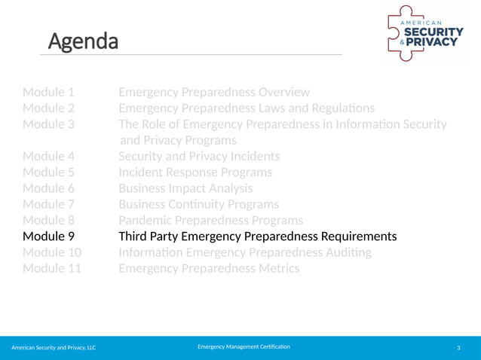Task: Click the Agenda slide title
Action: (84, 41)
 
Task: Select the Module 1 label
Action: (48, 92)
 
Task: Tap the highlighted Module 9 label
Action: (48, 236)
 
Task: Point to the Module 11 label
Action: (52, 268)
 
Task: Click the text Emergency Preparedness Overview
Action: (214, 92)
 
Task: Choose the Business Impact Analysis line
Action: (185, 188)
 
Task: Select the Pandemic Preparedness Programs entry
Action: (210, 220)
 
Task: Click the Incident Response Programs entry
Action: (195, 172)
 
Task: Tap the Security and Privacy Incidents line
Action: (199, 157)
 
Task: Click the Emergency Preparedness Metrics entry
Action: (209, 268)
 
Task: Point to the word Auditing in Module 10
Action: (343, 252)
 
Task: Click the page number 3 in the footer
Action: (458, 347)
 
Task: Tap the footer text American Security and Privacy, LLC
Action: (54, 347)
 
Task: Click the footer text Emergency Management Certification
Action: (244, 346)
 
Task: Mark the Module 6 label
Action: (48, 188)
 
